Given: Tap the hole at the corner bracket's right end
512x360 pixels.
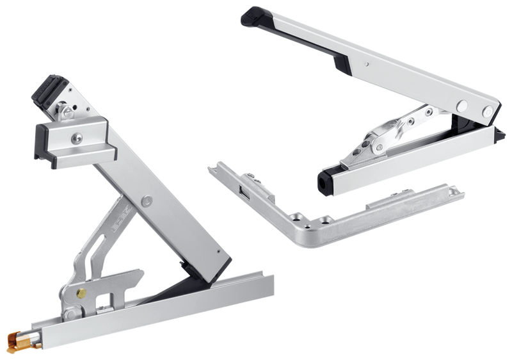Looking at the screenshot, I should click(x=454, y=191).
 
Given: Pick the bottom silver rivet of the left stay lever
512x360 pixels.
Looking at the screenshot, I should click(x=69, y=314).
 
